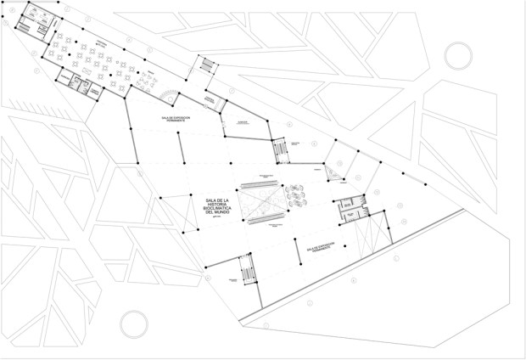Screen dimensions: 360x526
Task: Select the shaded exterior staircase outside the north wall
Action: pyautogui.click(x=206, y=65)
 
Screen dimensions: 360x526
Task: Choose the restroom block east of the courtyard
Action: pyautogui.click(x=349, y=208)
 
